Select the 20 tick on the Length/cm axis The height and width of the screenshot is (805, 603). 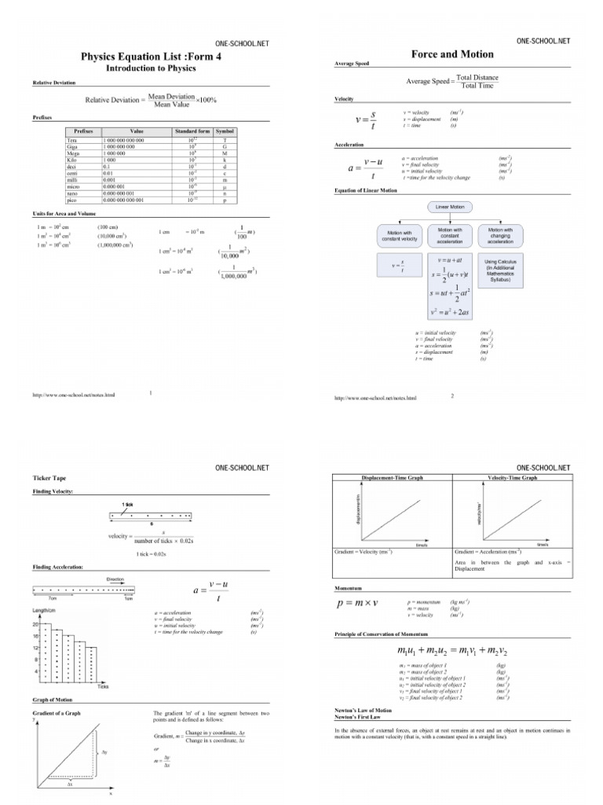36,622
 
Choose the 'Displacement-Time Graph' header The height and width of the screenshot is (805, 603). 393,477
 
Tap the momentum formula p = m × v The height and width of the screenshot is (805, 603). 358,604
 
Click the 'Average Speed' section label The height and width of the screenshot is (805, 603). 352,64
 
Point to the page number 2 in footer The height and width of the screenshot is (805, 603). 452,396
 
